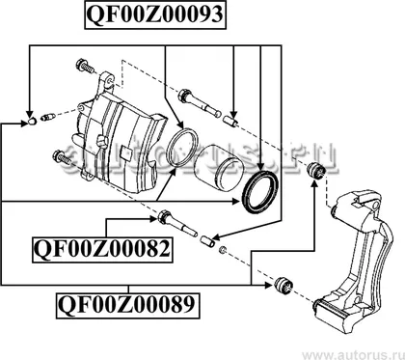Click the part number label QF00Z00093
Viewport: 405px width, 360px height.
155,14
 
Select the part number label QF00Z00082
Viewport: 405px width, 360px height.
102,250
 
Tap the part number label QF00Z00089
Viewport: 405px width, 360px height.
127,305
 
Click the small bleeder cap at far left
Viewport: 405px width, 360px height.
31,122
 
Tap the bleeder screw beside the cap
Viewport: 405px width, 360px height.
48,117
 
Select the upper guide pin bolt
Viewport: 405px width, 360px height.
200,103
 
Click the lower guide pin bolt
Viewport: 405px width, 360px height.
175,222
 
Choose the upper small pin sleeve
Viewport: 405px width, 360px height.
230,122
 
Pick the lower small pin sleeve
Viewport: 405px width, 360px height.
207,241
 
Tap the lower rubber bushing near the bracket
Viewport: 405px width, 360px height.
283,285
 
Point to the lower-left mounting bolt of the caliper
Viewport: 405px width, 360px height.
63,157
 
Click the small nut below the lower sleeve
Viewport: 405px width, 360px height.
223,250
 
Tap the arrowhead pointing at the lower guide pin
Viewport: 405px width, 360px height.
154,219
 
